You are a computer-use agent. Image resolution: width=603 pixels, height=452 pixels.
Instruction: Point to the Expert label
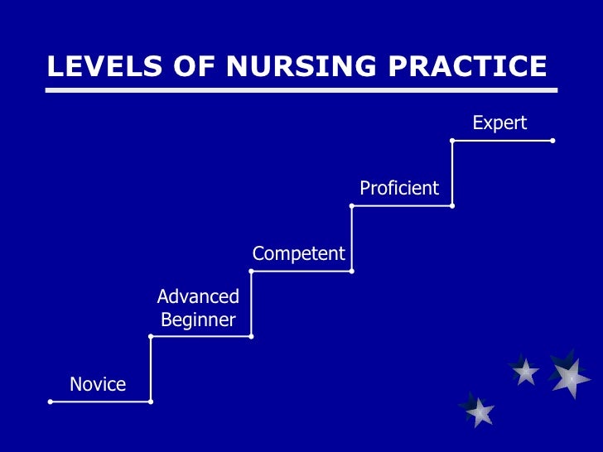pyautogui.click(x=499, y=123)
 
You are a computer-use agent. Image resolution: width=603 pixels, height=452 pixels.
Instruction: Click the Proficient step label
pyautogui.click(x=399, y=188)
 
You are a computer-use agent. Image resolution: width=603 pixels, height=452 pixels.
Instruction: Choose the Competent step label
pyautogui.click(x=298, y=253)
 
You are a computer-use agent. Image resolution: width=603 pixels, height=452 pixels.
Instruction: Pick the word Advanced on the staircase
pyautogui.click(x=198, y=296)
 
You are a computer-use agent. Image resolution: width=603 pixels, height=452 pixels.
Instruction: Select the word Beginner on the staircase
pyautogui.click(x=198, y=320)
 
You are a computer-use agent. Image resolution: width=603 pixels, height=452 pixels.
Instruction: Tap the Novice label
pyautogui.click(x=98, y=384)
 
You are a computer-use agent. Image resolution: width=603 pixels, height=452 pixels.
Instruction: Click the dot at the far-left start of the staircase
pyautogui.click(x=51, y=402)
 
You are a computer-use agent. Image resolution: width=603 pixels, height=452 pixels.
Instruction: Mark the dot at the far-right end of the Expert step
pyautogui.click(x=552, y=141)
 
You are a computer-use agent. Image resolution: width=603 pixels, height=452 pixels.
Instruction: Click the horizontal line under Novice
pyautogui.click(x=100, y=402)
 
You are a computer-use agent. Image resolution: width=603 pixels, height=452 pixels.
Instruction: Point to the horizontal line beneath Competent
pyautogui.click(x=301, y=271)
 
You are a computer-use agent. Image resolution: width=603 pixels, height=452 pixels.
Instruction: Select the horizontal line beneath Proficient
pyautogui.click(x=402, y=205)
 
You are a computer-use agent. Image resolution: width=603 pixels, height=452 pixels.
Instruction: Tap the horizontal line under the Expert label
pyautogui.click(x=502, y=141)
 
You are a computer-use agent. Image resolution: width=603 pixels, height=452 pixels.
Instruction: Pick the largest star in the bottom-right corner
pyautogui.click(x=569, y=377)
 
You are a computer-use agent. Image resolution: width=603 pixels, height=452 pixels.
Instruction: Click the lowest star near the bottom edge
pyautogui.click(x=478, y=411)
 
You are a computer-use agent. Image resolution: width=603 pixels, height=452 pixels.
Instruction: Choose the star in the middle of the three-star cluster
pyautogui.click(x=524, y=372)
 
